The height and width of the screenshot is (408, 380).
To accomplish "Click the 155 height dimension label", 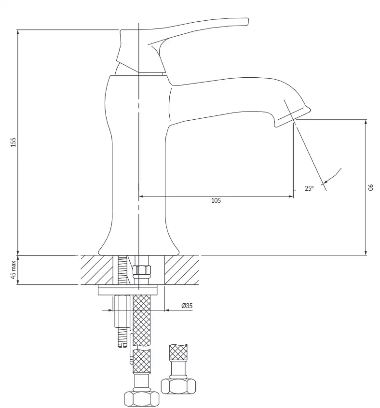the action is pos(13,142).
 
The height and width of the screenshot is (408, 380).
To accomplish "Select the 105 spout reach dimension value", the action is pos(216,200).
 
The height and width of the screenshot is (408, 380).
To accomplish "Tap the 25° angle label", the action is pos(309,188).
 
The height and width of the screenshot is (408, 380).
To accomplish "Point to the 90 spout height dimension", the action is pos(371,187).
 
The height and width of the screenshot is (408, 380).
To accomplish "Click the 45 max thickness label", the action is pos(13,270).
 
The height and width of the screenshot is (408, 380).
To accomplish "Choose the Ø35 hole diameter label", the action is pos(187,306).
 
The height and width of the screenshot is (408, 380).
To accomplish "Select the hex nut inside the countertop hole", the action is pos(142,270).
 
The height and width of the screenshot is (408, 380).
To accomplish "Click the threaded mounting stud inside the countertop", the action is pos(122,270).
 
